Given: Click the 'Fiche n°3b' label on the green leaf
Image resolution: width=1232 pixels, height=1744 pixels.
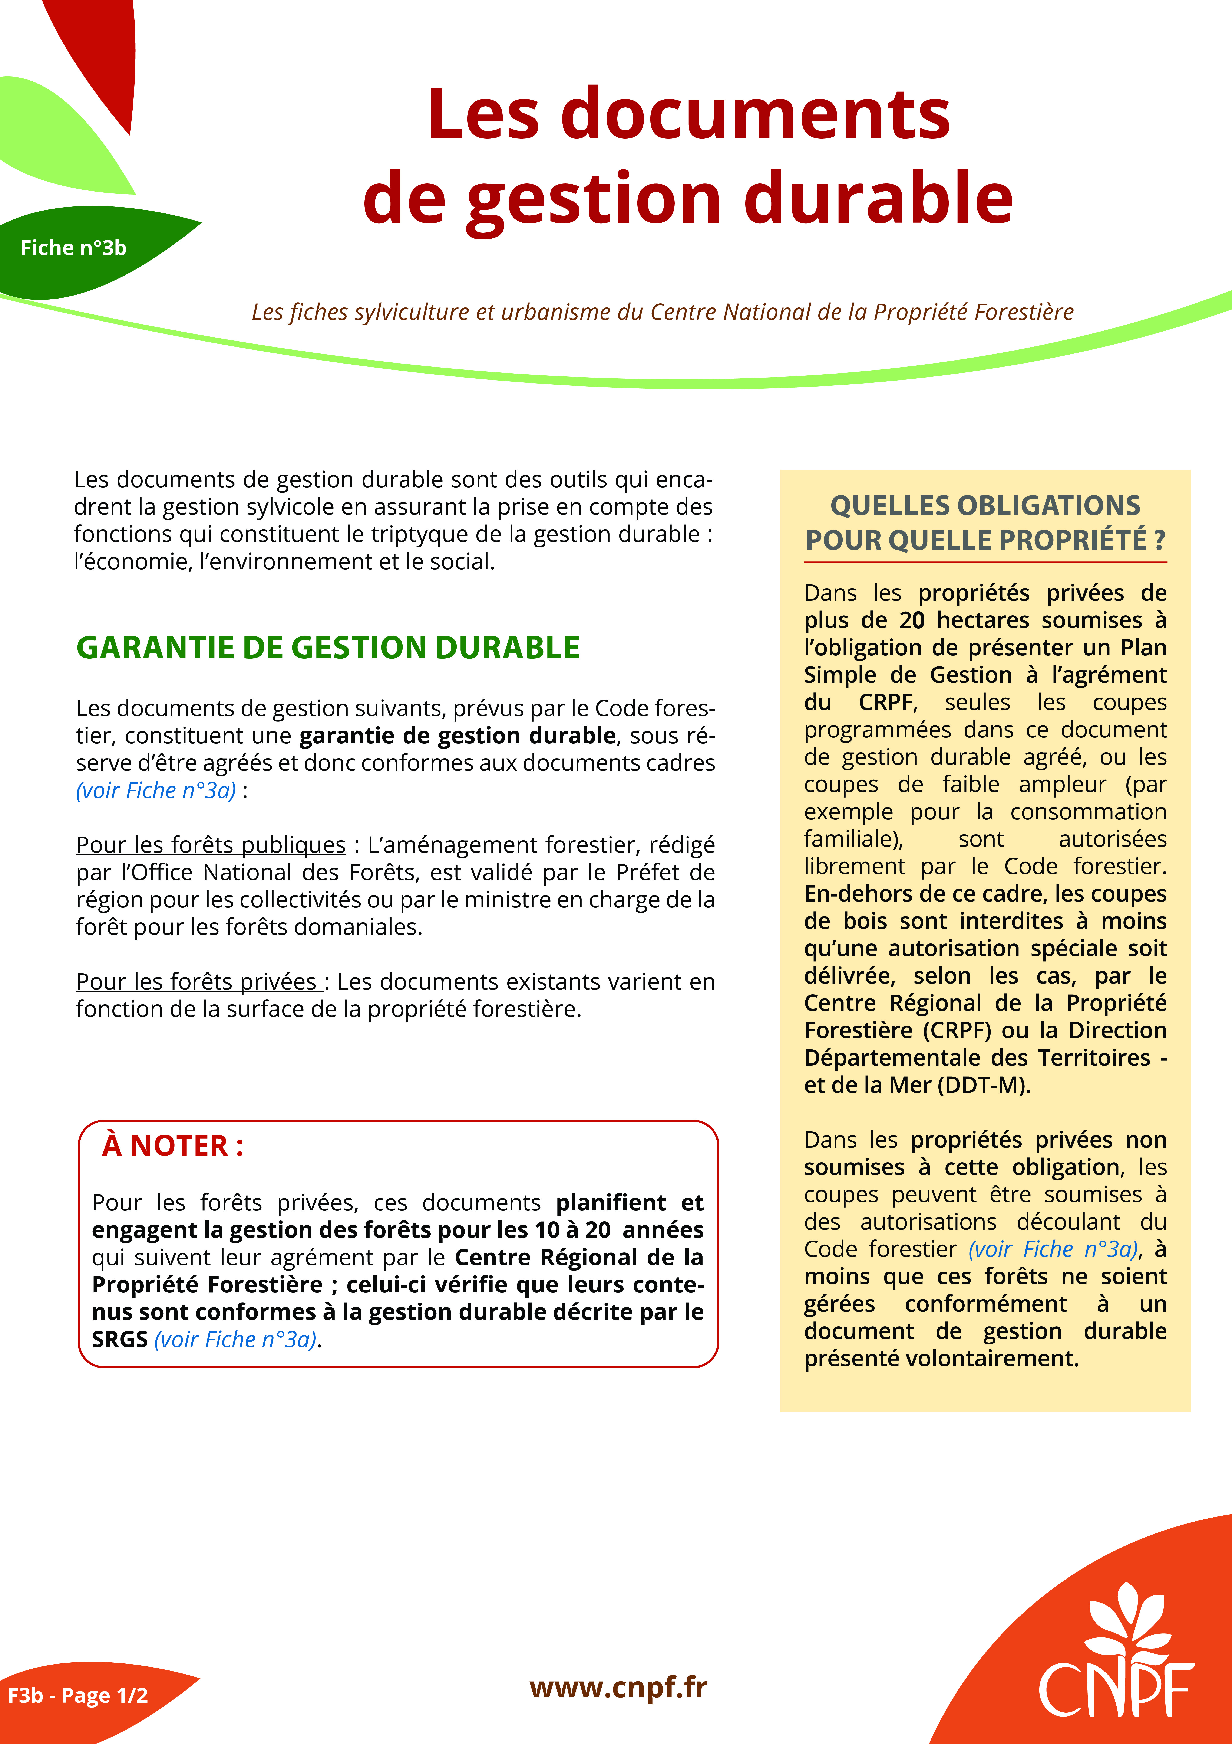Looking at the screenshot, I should [x=74, y=248].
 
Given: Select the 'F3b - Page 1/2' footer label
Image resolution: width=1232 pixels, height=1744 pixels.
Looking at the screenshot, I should [x=78, y=1695].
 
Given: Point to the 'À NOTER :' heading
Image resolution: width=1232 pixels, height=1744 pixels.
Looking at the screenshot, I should [x=173, y=1145].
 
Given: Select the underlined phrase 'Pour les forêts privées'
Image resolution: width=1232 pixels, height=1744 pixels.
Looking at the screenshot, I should [x=199, y=981].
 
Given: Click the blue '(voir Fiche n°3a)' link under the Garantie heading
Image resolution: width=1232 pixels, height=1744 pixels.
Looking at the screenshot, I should [x=156, y=790].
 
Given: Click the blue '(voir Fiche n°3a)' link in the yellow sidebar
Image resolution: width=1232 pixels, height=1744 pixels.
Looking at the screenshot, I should [x=1053, y=1249].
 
